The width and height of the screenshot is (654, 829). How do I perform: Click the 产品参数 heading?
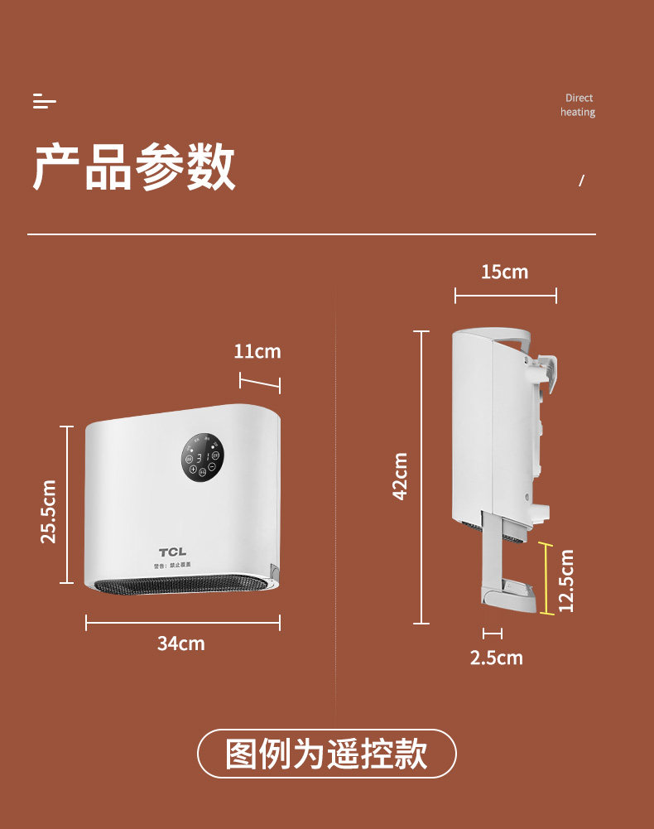coord(134,168)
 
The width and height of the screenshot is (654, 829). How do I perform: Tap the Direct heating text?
coord(578,105)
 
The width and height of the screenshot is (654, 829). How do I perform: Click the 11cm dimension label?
coord(257,351)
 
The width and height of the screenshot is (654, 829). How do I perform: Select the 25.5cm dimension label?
coord(49,511)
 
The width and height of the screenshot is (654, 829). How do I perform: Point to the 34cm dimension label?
coord(180,643)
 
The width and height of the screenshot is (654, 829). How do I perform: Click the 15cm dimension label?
coord(504,272)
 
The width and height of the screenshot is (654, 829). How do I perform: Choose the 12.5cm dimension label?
coord(566,581)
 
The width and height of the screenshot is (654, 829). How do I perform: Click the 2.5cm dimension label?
coord(496,658)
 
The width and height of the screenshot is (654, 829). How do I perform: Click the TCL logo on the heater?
coord(173,552)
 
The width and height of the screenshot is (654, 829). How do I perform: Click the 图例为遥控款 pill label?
coord(326,754)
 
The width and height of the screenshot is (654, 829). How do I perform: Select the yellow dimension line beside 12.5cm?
coord(546,579)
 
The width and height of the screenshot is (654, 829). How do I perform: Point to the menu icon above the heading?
coord(44,101)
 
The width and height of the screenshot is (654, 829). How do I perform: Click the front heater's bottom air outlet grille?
coord(182,586)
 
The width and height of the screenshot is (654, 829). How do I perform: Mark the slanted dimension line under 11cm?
coord(260,383)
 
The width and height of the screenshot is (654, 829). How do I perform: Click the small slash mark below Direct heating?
coord(581,181)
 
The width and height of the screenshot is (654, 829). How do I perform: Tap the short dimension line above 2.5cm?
coord(493,634)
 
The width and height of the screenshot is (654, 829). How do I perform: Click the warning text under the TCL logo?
coord(172,566)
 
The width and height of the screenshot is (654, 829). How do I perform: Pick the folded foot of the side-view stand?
coord(508,596)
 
